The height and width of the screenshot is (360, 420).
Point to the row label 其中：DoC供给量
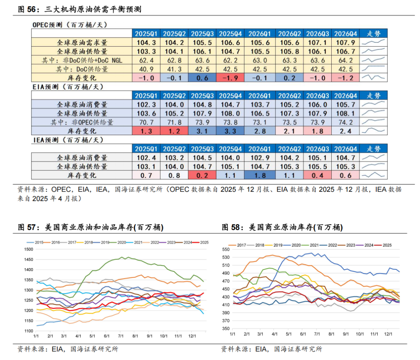click(81, 68)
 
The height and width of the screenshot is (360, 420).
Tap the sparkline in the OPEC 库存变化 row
click(373, 77)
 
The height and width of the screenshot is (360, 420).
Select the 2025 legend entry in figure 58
click(385, 245)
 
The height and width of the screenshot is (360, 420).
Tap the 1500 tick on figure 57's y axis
click(28, 249)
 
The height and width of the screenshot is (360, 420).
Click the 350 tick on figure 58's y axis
click(226, 328)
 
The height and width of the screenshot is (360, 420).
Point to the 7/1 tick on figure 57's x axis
click(120, 335)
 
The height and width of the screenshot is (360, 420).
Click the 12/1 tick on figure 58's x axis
click(388, 334)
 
